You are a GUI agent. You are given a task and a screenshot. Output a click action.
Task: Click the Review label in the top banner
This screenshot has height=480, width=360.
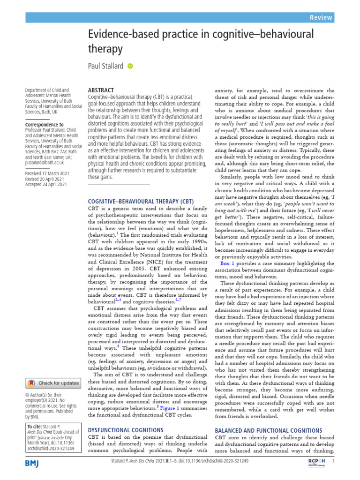[321, 18]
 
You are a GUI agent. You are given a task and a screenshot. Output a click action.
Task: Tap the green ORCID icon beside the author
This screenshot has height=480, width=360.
[130, 66]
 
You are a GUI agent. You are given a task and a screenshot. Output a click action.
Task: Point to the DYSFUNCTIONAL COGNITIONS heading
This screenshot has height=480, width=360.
[126, 429]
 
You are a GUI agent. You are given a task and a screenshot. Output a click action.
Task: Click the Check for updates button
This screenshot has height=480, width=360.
[53, 383]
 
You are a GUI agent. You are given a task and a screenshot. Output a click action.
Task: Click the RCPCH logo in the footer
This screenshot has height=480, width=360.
[316, 462]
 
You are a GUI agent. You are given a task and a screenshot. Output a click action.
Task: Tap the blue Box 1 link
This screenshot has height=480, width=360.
[227, 264]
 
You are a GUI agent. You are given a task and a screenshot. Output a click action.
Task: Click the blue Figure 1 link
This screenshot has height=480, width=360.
[168, 408]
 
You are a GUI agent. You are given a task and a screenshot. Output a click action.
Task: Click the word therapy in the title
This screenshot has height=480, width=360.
[105, 49]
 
